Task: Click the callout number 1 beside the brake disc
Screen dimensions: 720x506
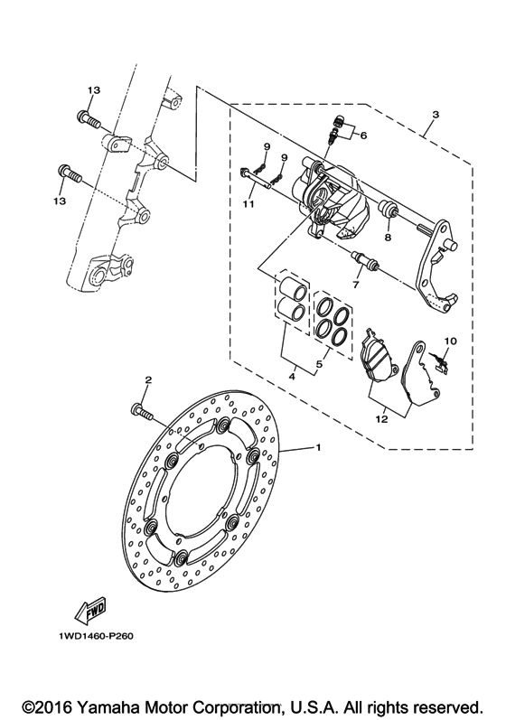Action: click(318, 448)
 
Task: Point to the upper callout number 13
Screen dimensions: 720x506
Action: click(92, 90)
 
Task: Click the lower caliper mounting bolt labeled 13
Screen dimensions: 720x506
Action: click(70, 173)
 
